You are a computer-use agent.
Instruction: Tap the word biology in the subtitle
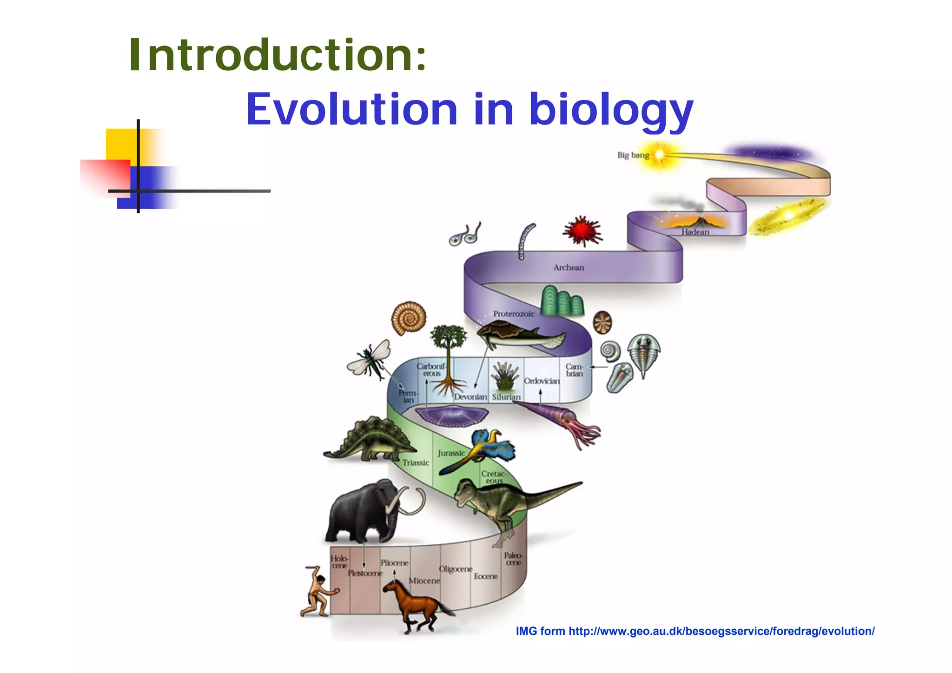(x=611, y=110)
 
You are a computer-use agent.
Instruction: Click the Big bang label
(x=633, y=155)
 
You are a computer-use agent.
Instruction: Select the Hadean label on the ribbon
(x=695, y=232)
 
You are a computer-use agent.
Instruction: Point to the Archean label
(x=569, y=268)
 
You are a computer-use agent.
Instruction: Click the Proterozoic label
(x=513, y=314)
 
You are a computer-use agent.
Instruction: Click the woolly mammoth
(x=367, y=514)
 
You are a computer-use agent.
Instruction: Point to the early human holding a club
(x=318, y=593)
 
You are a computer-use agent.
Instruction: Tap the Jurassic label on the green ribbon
(x=450, y=453)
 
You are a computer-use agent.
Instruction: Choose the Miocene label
(x=424, y=581)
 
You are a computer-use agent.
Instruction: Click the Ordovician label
(x=542, y=381)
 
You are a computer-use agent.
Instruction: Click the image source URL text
(x=695, y=631)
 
